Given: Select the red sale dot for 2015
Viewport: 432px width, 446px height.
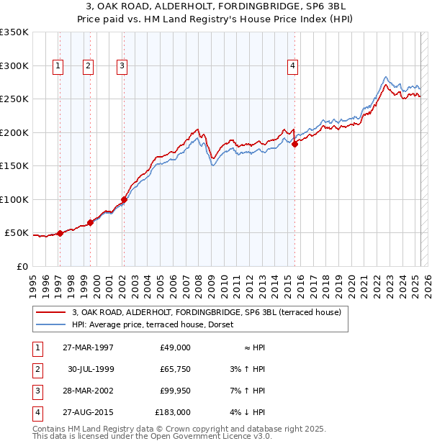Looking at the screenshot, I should coord(295,144).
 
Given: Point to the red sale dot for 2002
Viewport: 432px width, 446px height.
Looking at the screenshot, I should coord(124,199).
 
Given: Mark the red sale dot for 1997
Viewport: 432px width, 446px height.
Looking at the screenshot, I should coord(60,233).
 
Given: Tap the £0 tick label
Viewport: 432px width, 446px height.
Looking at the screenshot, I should coord(22,266).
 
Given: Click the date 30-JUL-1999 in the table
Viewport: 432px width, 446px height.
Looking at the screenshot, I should coord(91,369).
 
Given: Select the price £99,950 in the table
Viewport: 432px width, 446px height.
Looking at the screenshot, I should coord(173,391).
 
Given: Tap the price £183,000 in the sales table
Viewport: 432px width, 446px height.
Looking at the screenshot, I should coord(173,412).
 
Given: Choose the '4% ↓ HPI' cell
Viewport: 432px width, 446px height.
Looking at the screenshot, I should coord(248,412).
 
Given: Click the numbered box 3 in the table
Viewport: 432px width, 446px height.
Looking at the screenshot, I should coord(37,391).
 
